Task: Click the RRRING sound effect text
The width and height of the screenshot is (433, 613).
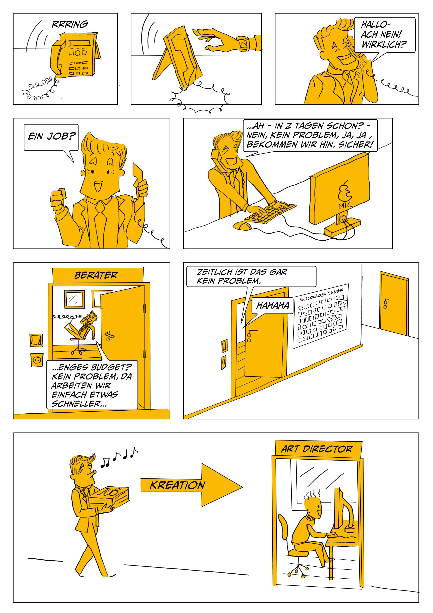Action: (x=70, y=24)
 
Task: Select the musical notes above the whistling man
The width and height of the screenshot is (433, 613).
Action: (x=119, y=457)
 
